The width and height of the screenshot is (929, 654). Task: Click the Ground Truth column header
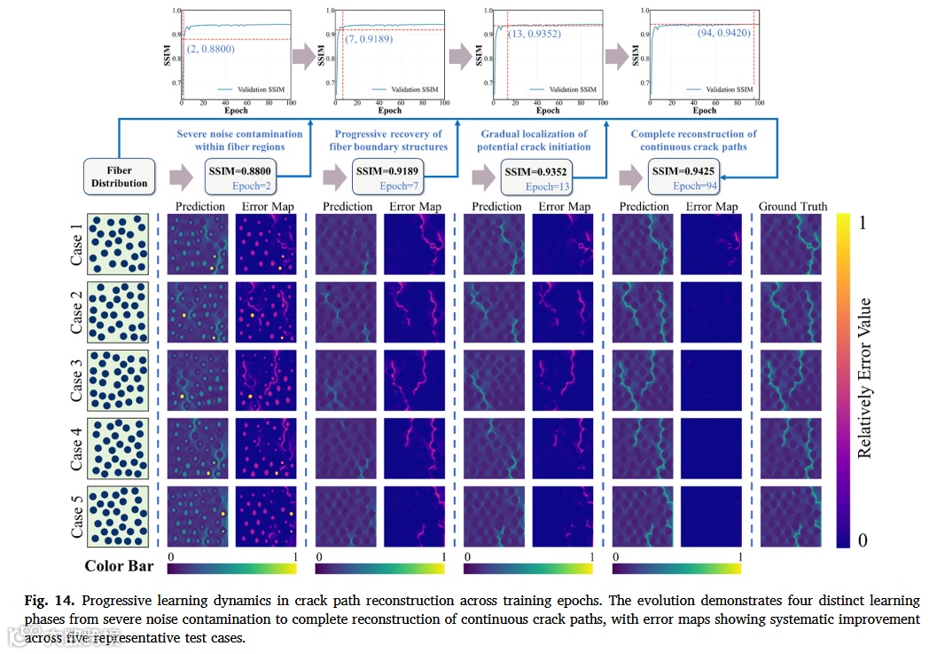tap(792, 207)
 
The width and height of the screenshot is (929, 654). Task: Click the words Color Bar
tap(120, 565)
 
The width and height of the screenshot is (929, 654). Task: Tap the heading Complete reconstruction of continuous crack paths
tap(693, 140)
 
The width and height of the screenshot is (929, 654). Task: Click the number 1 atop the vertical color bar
tap(866, 225)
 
